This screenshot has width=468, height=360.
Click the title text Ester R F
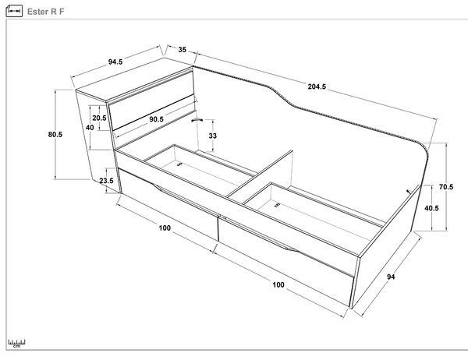[46, 12]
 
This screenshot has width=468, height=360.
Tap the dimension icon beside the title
[14, 11]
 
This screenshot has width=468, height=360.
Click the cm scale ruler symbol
[16, 344]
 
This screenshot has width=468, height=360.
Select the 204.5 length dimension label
[317, 86]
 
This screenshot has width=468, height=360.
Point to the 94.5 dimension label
[115, 62]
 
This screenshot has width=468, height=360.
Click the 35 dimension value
[183, 50]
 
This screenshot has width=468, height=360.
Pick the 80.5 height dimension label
[55, 135]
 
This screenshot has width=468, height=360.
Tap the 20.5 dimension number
[99, 118]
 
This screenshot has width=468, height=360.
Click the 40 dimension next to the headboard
[90, 127]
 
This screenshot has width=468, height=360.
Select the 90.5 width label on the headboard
[157, 119]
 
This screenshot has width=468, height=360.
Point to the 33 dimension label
[212, 136]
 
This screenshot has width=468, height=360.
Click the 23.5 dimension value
[107, 181]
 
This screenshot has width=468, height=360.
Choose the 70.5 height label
[446, 187]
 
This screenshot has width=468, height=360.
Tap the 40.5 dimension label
[431, 208]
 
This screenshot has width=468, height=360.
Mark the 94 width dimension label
[391, 277]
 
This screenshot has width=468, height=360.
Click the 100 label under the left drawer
[165, 228]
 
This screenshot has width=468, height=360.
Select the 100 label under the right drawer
[278, 285]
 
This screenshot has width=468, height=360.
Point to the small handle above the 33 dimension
[197, 120]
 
